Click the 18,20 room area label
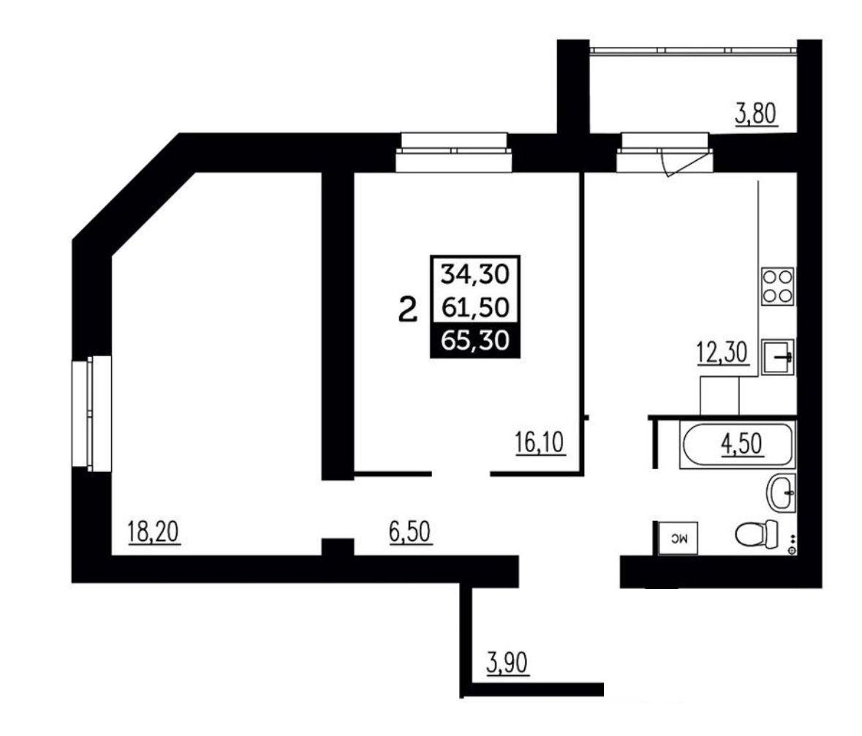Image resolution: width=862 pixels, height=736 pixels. coord(154,532)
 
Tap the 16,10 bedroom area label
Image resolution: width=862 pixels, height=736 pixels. coord(540,442)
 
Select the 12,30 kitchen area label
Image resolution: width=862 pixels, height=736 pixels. coord(722,352)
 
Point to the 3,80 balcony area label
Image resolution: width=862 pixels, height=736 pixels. coord(757,114)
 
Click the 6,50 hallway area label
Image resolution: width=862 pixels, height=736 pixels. coord(411,532)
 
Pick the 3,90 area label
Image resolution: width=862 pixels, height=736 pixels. coord(507,662)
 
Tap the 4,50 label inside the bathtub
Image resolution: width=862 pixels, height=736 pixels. coord(741,444)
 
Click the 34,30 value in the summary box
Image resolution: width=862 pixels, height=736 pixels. coord(475,274)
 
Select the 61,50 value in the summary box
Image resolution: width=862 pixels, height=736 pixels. coord(475,307)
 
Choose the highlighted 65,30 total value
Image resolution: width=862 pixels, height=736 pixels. coord(475,341)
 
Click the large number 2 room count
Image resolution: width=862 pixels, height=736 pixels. coord(407,309)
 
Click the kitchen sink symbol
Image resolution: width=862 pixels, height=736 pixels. coord(778,358)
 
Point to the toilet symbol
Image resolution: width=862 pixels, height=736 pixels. coord(757,533)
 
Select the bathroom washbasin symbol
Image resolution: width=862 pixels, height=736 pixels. coord(781,494)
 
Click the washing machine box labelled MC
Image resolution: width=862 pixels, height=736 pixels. coord(678,538)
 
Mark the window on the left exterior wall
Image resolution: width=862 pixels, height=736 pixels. coord(92,413)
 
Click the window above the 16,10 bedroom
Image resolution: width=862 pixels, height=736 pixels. coord(454,152)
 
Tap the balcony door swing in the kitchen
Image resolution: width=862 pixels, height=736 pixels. coord(684,163)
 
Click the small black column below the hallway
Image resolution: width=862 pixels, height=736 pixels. coord(338,547)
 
